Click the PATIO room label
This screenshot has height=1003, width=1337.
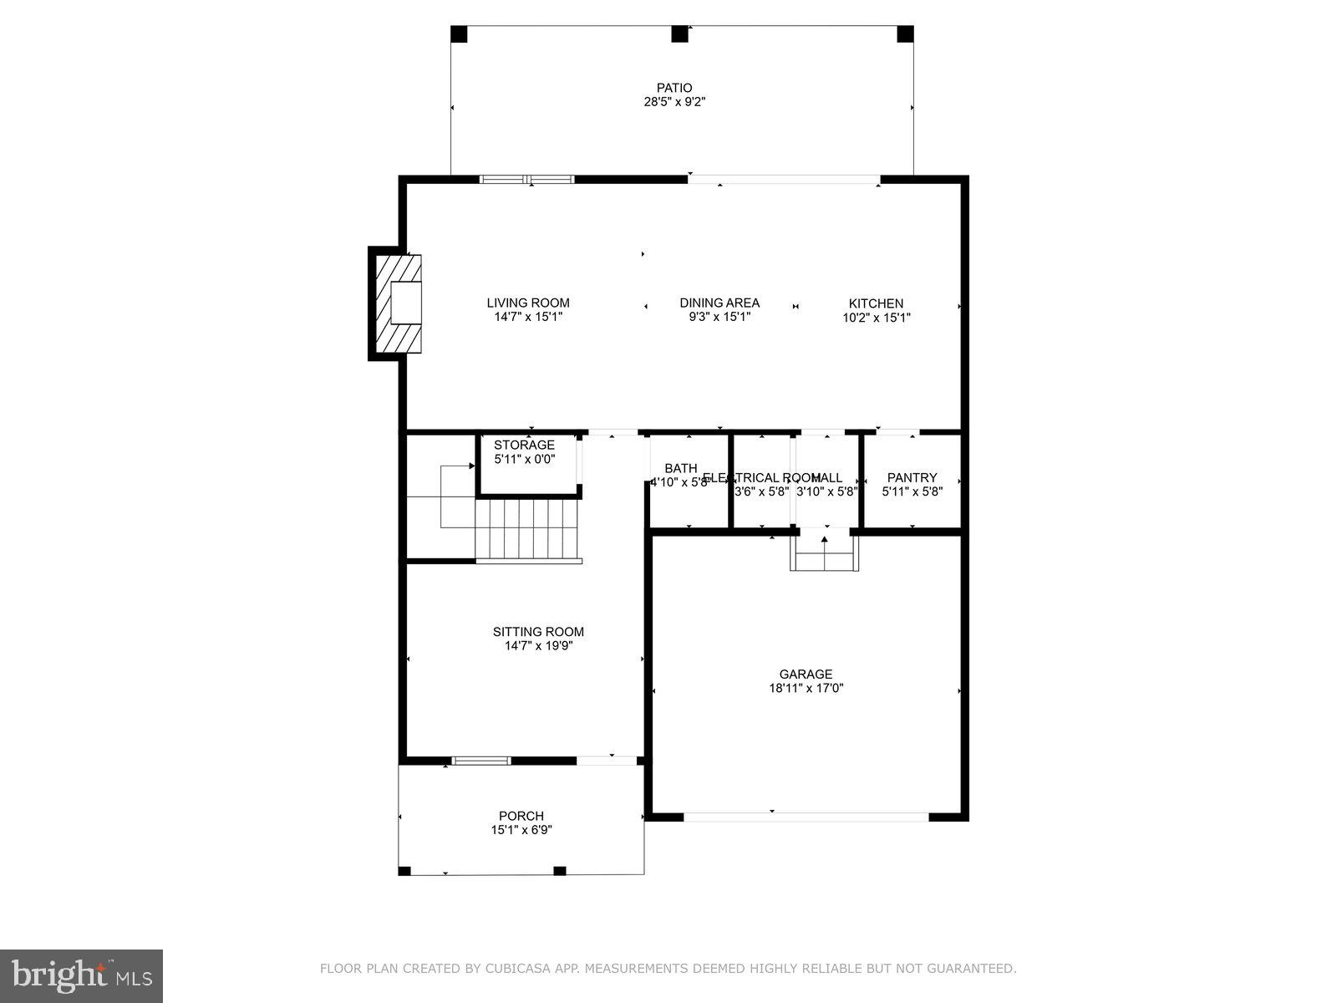[674, 88]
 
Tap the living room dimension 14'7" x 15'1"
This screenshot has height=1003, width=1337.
[528, 318]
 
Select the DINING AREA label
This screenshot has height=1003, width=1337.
[719, 303]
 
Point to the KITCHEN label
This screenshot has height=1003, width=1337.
[876, 303]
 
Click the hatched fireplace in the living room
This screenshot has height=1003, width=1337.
[399, 303]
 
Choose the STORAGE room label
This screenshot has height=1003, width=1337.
[524, 445]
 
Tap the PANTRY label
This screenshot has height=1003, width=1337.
[912, 477]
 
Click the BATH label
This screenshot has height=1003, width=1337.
[680, 468]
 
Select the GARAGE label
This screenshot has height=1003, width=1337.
[806, 674]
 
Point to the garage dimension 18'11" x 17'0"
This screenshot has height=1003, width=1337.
[806, 689]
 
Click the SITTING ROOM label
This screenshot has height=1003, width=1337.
[538, 632]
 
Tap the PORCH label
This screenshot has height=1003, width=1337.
[521, 816]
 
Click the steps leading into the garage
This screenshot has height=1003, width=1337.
[825, 553]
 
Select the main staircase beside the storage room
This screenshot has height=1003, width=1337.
[528, 530]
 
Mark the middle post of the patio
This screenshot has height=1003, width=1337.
[680, 34]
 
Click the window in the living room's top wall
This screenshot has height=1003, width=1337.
[527, 179]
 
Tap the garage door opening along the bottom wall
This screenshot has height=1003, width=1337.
[806, 817]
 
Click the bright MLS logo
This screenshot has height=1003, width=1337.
[81, 975]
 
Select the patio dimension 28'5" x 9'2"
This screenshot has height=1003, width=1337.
[674, 102]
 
